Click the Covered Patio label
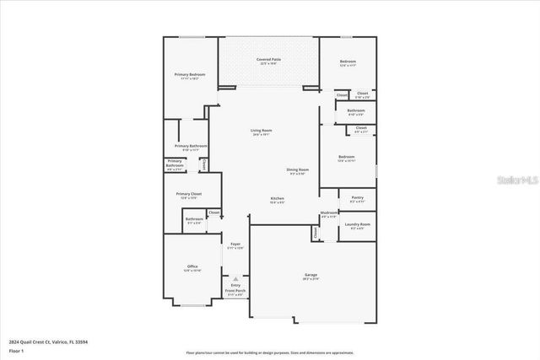268,61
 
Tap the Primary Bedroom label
190,76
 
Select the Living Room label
261,132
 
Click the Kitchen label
277,200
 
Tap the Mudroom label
329,214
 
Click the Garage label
310,276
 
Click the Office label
192,268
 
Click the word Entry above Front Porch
235,286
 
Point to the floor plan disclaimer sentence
270,352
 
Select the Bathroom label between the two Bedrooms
355,110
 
